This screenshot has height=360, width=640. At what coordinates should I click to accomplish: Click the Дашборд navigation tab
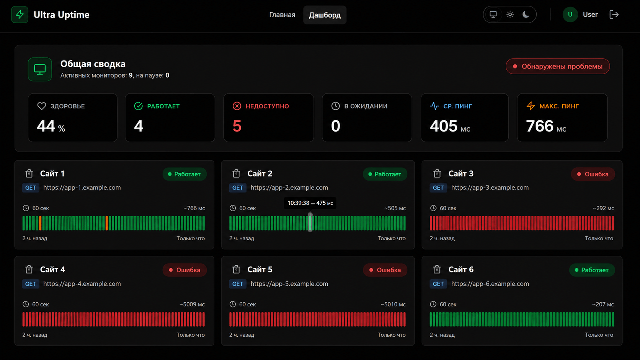pyautogui.click(x=325, y=15)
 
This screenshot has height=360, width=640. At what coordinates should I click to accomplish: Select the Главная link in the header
pyautogui.click(x=282, y=15)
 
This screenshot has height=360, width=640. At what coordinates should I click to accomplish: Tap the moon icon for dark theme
pyautogui.click(x=526, y=15)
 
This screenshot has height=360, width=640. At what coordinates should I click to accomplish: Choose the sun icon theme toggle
pyautogui.click(x=510, y=15)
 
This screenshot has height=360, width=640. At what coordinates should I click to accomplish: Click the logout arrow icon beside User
pyautogui.click(x=614, y=15)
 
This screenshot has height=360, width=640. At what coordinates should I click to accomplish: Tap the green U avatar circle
pyautogui.click(x=570, y=15)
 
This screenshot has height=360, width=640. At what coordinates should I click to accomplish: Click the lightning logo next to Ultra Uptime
pyautogui.click(x=20, y=15)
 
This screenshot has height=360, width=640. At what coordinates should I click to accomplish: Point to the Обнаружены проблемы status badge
pyautogui.click(x=557, y=66)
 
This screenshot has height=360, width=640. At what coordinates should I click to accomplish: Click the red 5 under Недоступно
pyautogui.click(x=237, y=126)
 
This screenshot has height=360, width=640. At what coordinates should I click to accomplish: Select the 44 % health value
pyautogui.click(x=51, y=126)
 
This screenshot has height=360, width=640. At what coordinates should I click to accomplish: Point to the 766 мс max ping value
pyautogui.click(x=546, y=126)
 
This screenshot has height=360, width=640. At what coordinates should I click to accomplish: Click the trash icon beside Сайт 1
pyautogui.click(x=29, y=173)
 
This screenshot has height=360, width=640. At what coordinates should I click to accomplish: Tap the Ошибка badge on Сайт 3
pyautogui.click(x=593, y=174)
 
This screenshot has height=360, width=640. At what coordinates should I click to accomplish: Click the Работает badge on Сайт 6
pyautogui.click(x=592, y=270)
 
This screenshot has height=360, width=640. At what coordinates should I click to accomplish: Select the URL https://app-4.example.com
pyautogui.click(x=82, y=284)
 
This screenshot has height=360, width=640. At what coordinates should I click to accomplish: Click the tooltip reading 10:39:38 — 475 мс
pyautogui.click(x=310, y=203)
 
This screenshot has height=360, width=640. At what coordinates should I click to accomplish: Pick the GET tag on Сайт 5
pyautogui.click(x=237, y=284)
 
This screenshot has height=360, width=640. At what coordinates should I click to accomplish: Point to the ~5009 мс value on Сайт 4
pyautogui.click(x=192, y=304)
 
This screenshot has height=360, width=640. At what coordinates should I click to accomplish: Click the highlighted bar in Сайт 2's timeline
pyautogui.click(x=310, y=223)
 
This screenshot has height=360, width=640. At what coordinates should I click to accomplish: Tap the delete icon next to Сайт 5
pyautogui.click(x=236, y=269)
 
